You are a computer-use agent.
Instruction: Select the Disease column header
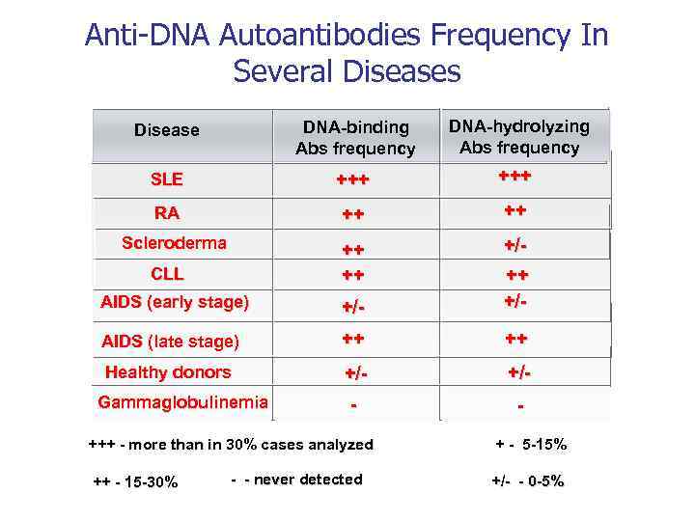[x=166, y=130]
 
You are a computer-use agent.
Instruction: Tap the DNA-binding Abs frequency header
[x=355, y=138]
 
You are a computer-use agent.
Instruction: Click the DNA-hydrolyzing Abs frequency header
[x=519, y=137]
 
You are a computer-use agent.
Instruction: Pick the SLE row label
[x=166, y=179]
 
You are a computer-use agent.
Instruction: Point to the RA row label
[x=166, y=213]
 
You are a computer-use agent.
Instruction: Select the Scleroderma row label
[x=174, y=243]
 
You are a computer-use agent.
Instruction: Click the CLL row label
[x=167, y=274]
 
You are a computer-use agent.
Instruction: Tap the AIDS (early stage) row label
[x=175, y=303]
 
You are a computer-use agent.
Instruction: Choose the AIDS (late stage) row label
[x=171, y=341]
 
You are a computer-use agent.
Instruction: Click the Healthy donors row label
[x=168, y=372]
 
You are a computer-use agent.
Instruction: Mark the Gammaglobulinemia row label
[x=182, y=402]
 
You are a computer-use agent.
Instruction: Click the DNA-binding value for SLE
[x=352, y=180]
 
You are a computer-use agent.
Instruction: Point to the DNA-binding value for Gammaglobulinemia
[x=353, y=405]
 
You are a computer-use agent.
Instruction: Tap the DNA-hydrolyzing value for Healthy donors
[x=519, y=372]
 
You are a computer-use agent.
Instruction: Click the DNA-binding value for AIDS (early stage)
[x=353, y=306]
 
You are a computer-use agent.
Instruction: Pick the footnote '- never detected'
[x=297, y=480]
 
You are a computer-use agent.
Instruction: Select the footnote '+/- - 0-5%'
[x=527, y=480]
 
